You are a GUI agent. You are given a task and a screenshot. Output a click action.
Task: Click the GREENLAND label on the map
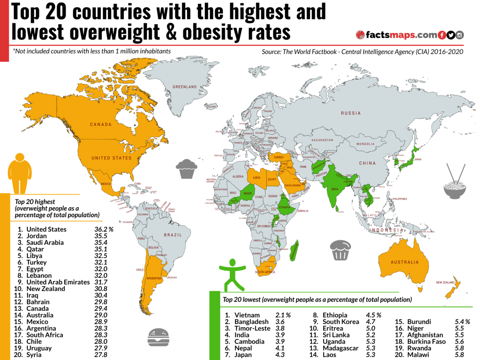[x=185, y=87]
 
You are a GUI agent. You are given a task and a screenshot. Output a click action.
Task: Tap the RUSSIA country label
[x=351, y=113]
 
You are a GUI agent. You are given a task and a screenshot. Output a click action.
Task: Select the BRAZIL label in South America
[x=172, y=235]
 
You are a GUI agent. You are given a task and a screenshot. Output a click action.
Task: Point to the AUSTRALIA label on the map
[x=405, y=262]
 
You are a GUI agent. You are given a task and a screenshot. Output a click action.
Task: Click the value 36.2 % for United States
[x=103, y=229]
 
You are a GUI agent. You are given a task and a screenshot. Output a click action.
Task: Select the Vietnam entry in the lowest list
[x=247, y=315]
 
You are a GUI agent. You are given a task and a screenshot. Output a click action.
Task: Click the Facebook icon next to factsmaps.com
[x=442, y=35]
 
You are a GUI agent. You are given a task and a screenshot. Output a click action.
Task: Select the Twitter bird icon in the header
[x=451, y=35]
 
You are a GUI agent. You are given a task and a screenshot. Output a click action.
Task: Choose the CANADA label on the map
[x=101, y=124]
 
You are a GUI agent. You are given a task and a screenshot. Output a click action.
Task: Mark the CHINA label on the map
[x=367, y=163]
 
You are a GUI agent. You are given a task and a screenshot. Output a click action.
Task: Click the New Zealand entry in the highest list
[x=46, y=289]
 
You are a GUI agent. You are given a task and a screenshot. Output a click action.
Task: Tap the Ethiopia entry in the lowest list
[x=335, y=315]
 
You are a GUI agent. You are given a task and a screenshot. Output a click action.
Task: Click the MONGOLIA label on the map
[x=365, y=144]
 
